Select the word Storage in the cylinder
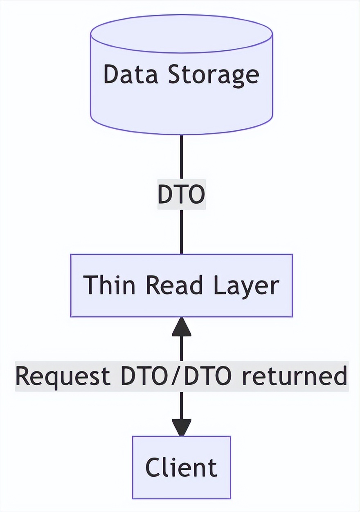pyautogui.click(x=214, y=74)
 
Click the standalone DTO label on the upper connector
pyautogui.click(x=181, y=195)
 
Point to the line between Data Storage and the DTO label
pyautogui.click(x=181, y=157)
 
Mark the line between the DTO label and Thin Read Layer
pyautogui.click(x=181, y=231)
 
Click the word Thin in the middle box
pyautogui.click(x=109, y=285)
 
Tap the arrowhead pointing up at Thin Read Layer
pyautogui.click(x=181, y=327)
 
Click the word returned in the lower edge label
pyautogui.click(x=293, y=376)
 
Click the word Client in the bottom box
pyautogui.click(x=181, y=467)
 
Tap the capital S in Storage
pyautogui.click(x=176, y=74)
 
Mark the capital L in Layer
pyautogui.click(x=218, y=285)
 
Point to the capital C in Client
pyautogui.click(x=153, y=467)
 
